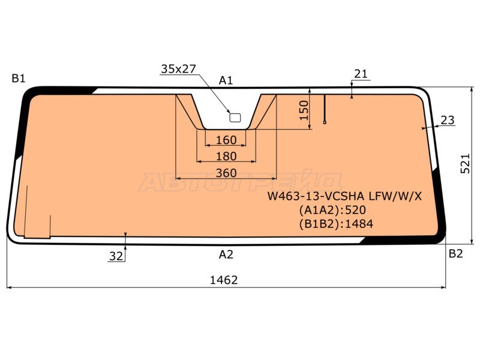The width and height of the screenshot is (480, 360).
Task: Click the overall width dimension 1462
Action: tap(224, 280)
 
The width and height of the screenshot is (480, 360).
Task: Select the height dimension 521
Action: tap(465, 163)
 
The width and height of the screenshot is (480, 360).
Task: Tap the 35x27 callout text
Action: tap(178, 69)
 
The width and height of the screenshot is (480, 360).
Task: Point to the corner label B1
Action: tap(19, 79)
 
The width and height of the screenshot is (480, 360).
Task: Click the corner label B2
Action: tap(456, 254)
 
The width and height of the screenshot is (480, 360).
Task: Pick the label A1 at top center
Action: tap(226, 80)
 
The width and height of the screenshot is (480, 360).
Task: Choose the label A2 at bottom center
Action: tap(226, 254)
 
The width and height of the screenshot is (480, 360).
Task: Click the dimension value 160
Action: tap(226, 140)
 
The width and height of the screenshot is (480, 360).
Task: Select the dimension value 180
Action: tap(226, 157)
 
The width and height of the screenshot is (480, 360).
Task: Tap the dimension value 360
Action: tap(226, 173)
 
